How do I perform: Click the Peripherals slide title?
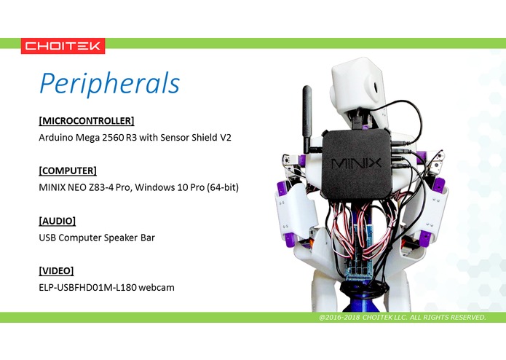108,83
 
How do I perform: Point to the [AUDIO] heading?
57,221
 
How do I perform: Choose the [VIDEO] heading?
56,271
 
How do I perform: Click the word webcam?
157,288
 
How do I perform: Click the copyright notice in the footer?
402,318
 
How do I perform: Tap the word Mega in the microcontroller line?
90,137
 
